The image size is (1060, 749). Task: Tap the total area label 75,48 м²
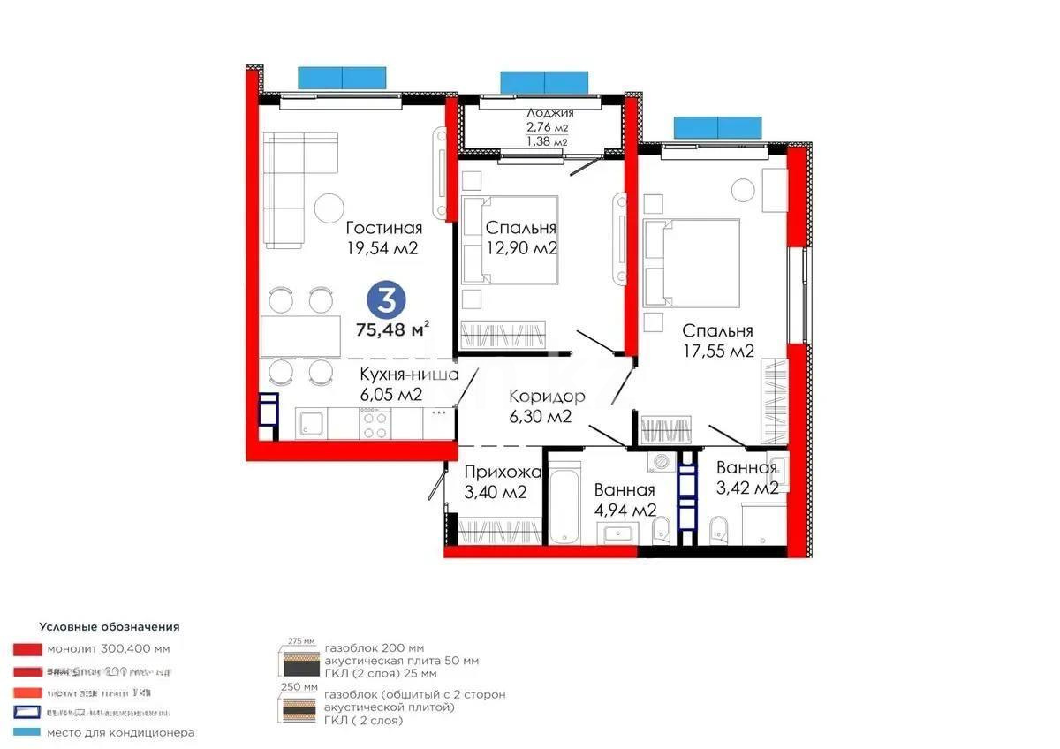(392, 329)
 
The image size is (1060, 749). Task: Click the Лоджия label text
(549, 113)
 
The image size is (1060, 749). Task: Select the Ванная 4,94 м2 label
(625, 500)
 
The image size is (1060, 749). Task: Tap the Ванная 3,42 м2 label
(746, 478)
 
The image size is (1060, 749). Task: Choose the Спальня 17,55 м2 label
(717, 341)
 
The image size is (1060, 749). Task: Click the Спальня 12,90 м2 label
(521, 238)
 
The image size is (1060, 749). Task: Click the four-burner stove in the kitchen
(375, 426)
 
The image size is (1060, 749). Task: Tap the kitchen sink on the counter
(312, 426)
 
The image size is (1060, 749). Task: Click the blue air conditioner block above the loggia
(544, 83)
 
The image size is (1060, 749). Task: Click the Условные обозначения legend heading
(109, 626)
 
